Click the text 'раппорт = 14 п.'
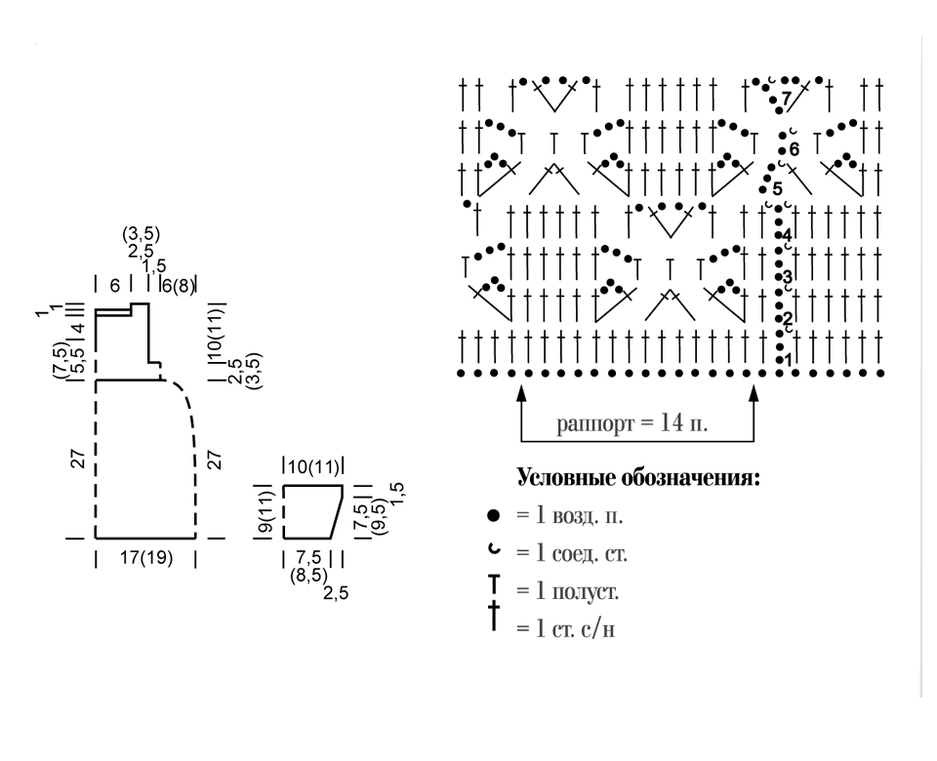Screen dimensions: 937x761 [631, 423]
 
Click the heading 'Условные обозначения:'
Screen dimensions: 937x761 [638, 478]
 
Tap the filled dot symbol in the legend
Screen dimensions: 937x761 [493, 515]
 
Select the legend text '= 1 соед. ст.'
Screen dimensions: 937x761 [572, 553]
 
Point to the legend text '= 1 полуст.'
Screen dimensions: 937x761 [568, 591]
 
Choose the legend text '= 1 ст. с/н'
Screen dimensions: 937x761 [566, 628]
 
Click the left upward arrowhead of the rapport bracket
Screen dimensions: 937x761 [521, 392]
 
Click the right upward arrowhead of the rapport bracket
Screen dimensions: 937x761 [754, 392]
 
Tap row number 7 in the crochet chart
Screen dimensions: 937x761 [787, 97]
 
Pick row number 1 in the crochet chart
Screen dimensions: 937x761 [789, 360]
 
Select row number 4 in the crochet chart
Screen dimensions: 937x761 [787, 234]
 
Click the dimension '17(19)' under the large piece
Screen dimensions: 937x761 [146, 558]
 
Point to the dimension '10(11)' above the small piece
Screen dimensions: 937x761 [313, 466]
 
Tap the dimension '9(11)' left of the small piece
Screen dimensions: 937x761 [266, 511]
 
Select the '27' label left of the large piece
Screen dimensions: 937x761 [78, 459]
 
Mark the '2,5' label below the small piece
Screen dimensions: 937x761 [335, 593]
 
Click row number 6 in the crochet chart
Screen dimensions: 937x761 [794, 148]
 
